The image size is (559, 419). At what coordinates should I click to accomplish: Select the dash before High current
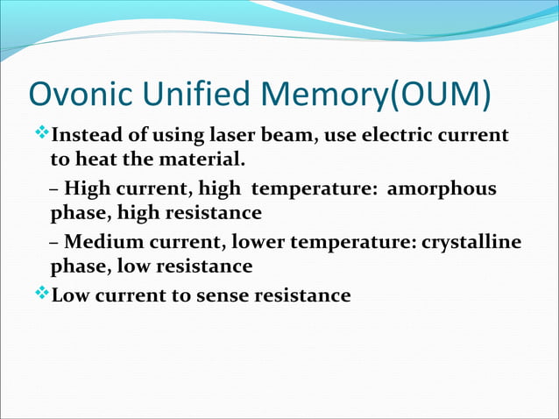(54, 190)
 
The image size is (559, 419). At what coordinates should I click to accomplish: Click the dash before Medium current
(54, 243)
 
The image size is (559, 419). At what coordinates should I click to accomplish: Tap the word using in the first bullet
(180, 138)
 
